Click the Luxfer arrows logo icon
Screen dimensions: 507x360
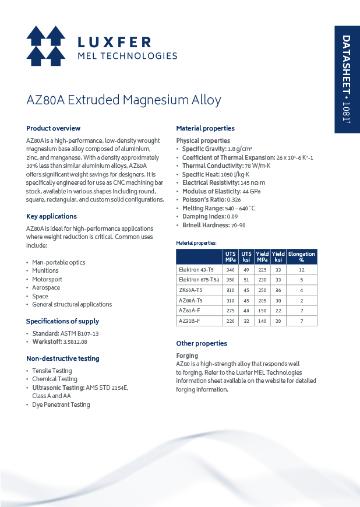tap(45, 46)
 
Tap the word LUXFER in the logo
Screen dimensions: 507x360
tap(114, 42)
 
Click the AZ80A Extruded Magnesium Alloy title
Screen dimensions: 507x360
tap(123, 100)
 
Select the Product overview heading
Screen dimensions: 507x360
tap(53, 128)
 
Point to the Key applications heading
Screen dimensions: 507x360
tap(51, 217)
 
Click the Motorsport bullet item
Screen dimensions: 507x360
tap(47, 279)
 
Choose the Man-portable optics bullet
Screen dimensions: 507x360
tap(58, 262)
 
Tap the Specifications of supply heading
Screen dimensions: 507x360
tap(62, 321)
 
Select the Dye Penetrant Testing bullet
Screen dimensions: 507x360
tap(61, 405)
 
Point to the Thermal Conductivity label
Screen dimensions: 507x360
tap(209, 166)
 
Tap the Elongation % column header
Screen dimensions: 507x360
tap(302, 256)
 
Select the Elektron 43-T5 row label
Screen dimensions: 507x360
tap(196, 270)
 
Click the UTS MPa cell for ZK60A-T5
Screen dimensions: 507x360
tap(231, 290)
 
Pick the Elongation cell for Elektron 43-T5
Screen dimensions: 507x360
tap(302, 270)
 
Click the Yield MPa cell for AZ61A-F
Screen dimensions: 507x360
tap(263, 311)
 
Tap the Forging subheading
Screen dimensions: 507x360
tap(187, 355)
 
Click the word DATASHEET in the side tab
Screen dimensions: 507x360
tap(346, 61)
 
